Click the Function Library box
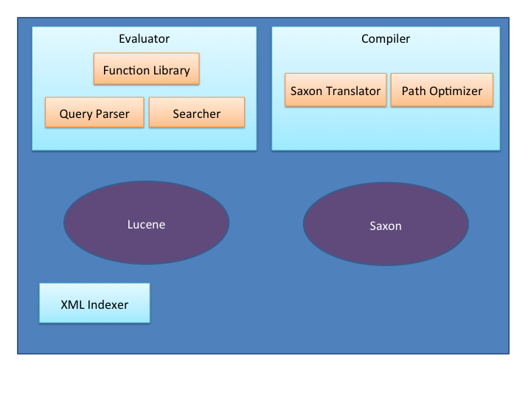[146, 69]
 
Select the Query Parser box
[94, 112]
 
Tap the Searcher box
[197, 112]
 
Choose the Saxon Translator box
[336, 90]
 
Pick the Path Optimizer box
[442, 90]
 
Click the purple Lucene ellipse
[146, 223]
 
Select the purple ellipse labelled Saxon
[386, 224]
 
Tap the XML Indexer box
[94, 303]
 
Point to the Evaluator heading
[145, 38]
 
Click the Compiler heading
[386, 39]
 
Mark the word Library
[171, 71]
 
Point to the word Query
[76, 114]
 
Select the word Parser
[113, 114]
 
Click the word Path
[414, 91]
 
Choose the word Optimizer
[456, 91]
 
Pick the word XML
[72, 304]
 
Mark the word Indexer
[108, 304]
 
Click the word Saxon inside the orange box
[307, 91]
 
